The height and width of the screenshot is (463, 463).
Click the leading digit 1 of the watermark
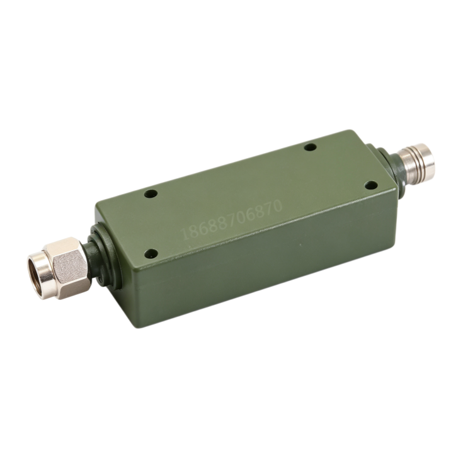click(x=185, y=234)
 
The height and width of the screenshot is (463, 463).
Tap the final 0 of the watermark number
click(x=277, y=205)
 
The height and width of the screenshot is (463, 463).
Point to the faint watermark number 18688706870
click(x=232, y=220)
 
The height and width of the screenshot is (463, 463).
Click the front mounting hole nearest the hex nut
click(x=151, y=253)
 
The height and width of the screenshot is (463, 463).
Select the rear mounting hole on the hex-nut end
click(x=151, y=194)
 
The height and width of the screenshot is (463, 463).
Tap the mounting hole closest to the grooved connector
click(x=371, y=185)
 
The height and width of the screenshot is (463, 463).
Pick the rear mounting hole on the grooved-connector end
click(x=311, y=147)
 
